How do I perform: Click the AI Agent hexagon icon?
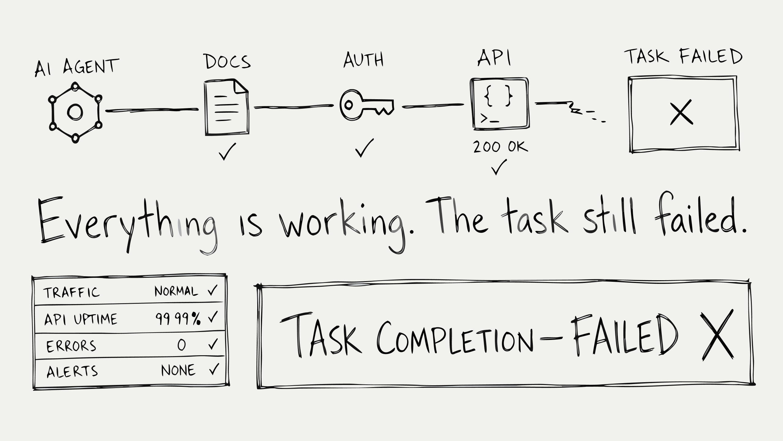point(75,112)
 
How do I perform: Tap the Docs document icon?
point(227,107)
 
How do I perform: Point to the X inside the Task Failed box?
point(681,112)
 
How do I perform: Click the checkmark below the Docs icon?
point(227,151)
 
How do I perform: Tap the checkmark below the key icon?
point(364,148)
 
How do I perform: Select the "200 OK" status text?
point(500,147)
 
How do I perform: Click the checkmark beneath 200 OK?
point(499,167)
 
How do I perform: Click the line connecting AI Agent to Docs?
point(152,110)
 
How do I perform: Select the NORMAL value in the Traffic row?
point(176,291)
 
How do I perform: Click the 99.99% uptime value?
point(178,319)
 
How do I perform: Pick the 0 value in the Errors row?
point(181,345)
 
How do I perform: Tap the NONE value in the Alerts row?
point(178,370)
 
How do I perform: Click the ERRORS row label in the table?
point(71,346)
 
